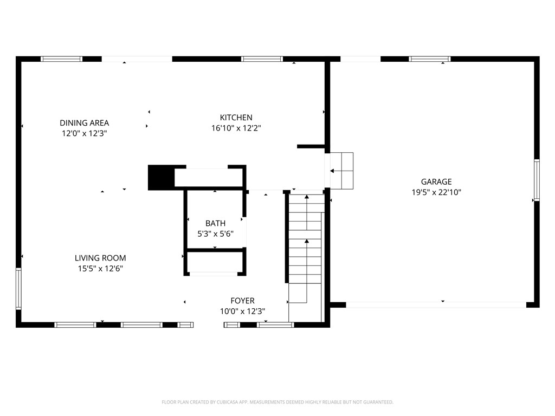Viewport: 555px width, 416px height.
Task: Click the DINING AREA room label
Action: tap(84, 123)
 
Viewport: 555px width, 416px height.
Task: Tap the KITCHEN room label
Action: tap(236, 118)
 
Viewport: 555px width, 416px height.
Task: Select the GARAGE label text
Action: tap(436, 182)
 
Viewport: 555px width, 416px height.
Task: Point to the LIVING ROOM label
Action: tap(100, 258)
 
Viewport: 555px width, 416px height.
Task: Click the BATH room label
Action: tap(215, 223)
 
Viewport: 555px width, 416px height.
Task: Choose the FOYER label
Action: tap(242, 301)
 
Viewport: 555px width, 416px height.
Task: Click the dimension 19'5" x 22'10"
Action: tap(436, 192)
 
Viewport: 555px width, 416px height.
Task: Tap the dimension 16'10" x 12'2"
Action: tap(236, 128)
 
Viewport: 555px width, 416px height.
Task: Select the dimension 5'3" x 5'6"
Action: tap(215, 233)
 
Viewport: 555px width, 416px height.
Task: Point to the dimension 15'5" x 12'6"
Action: tap(100, 268)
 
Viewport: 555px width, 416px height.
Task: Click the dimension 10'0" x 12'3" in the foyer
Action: tap(242, 311)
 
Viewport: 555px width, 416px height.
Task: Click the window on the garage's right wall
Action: tap(537, 180)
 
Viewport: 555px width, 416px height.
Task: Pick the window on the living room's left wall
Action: tap(18, 288)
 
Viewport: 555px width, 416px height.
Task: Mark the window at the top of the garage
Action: tap(430, 59)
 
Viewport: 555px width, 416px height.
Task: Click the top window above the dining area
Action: tap(62, 59)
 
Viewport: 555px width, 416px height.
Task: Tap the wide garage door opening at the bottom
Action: tap(436, 305)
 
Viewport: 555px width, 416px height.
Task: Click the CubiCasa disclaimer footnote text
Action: tap(277, 402)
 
